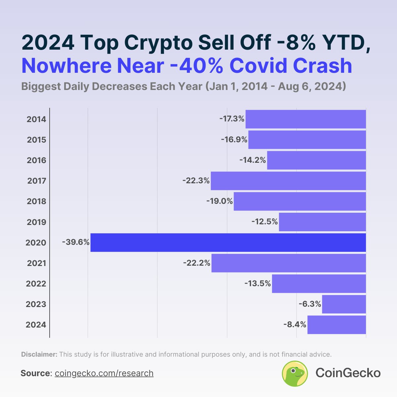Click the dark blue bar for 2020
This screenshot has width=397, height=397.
pyautogui.click(x=228, y=243)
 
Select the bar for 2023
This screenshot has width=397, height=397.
pyautogui.click(x=344, y=304)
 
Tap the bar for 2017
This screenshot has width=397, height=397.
pyautogui.click(x=288, y=181)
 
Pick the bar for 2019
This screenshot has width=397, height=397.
pyautogui.click(x=322, y=222)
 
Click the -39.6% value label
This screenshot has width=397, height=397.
pyautogui.click(x=76, y=243)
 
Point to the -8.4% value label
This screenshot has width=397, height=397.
pyautogui.click(x=295, y=325)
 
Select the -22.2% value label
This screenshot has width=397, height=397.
pyautogui.click(x=197, y=263)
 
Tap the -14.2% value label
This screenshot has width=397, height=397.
pyautogui.click(x=253, y=160)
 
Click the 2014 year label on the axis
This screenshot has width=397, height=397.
pyautogui.click(x=36, y=119)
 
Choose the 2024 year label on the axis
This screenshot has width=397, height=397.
pyautogui.click(x=36, y=325)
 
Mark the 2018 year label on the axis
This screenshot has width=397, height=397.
pyautogui.click(x=36, y=201)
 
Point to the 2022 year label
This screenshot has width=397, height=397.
pyautogui.click(x=36, y=284)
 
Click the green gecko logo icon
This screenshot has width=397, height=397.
pyautogui.click(x=295, y=373)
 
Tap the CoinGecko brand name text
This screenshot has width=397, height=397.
pyautogui.click(x=348, y=373)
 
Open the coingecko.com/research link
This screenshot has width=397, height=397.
pyautogui.click(x=104, y=373)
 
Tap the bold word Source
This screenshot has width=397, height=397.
pyautogui.click(x=35, y=373)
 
